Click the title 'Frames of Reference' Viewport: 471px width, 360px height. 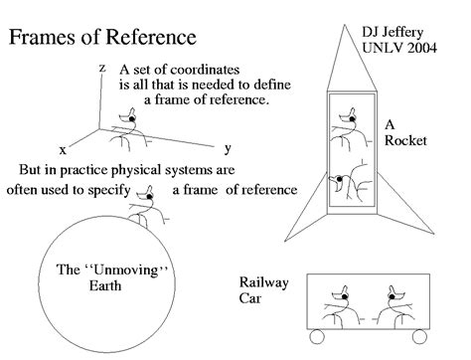click(102, 39)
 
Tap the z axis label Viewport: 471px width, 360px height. click(101, 67)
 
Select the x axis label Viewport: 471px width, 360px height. click(62, 149)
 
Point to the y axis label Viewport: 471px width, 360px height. click(228, 147)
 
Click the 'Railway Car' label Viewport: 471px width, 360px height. click(263, 290)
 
